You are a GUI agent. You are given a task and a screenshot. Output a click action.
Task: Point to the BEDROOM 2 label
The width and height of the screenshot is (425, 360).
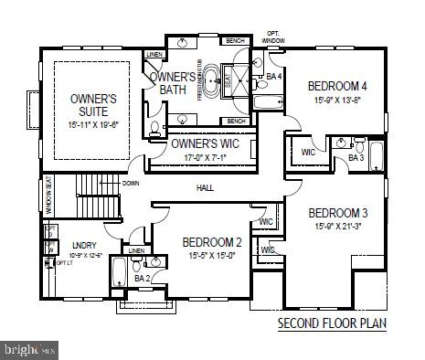pyautogui.click(x=211, y=242)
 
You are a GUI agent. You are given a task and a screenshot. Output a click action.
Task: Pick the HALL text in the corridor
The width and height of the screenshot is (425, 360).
pyautogui.click(x=206, y=188)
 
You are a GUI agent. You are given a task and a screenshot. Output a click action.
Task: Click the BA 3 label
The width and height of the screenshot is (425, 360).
pyautogui.click(x=355, y=158)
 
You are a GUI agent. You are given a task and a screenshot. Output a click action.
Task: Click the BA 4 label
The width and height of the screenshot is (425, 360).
pyautogui.click(x=272, y=77)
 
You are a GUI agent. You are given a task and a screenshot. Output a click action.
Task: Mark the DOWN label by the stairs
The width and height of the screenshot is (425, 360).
pyautogui.click(x=131, y=183)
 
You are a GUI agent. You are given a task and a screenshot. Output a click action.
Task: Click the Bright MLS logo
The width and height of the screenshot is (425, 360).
pyautogui.click(x=29, y=349)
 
